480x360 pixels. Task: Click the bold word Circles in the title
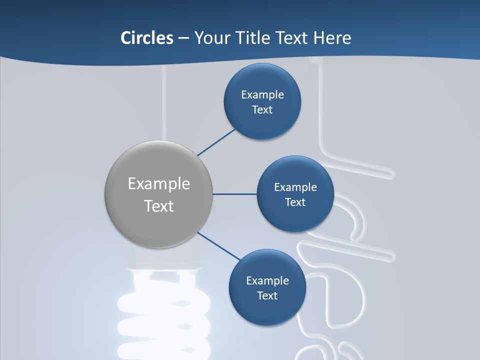(x=147, y=37)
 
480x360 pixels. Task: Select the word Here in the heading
(x=332, y=37)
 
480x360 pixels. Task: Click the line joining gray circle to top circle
(x=216, y=141)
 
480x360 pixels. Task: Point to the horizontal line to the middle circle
(x=235, y=194)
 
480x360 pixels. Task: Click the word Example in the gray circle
(x=159, y=184)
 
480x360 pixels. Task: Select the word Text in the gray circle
(x=159, y=206)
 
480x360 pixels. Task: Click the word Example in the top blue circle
(x=262, y=94)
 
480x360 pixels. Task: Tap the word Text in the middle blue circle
(x=295, y=202)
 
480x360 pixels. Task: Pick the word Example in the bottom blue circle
(x=267, y=280)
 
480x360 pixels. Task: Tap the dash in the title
(x=183, y=37)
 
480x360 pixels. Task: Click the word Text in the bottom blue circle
(x=267, y=295)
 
